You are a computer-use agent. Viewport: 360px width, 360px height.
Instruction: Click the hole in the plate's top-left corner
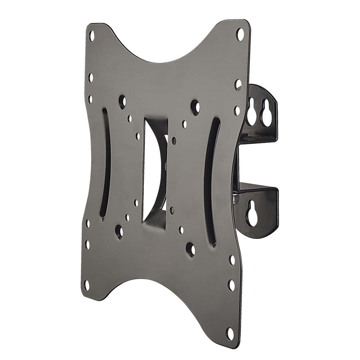[91, 35]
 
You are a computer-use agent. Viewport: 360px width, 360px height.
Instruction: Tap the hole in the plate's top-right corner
[240, 34]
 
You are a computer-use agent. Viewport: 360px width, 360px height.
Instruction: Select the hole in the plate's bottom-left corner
[86, 285]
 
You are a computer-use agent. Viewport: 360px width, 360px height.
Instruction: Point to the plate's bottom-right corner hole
[229, 333]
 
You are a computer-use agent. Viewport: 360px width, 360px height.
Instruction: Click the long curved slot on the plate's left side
[105, 164]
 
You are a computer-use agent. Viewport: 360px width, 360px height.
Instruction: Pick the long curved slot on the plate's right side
[211, 182]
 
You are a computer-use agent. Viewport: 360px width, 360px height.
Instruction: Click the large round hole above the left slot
[122, 102]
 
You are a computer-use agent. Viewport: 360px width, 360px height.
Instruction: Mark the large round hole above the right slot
[195, 107]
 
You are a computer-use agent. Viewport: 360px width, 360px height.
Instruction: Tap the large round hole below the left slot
[119, 231]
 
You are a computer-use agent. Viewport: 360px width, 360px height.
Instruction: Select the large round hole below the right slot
[190, 249]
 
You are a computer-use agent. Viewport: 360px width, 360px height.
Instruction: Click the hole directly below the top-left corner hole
[90, 77]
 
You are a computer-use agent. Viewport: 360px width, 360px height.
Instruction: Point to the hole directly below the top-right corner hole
[238, 84]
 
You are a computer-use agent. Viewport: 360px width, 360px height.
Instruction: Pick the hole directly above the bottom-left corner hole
[87, 245]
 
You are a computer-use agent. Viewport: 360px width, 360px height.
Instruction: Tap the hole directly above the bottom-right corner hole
[231, 285]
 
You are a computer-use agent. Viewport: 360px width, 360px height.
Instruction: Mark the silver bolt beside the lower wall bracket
[236, 198]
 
